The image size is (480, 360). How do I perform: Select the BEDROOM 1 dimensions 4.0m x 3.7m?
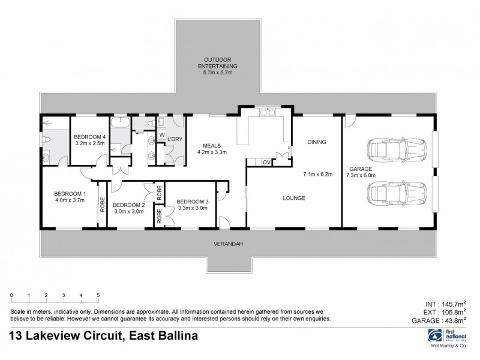70,200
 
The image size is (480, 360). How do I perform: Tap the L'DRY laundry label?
175,139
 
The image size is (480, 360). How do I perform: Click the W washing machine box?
161,135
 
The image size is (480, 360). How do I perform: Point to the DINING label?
316,142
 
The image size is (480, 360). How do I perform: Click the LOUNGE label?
295,198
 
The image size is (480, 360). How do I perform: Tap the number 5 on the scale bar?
98,296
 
